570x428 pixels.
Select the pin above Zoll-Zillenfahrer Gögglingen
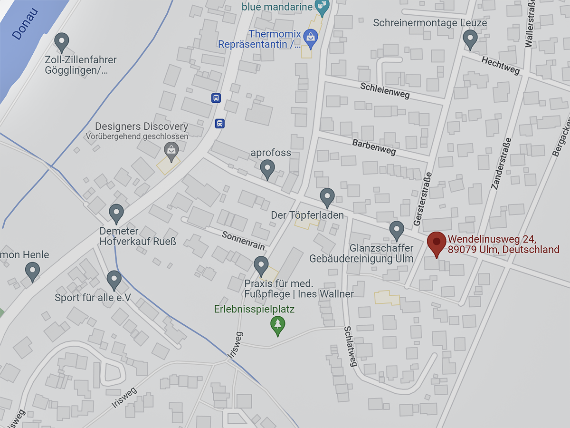pos(62,42)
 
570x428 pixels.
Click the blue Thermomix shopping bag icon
pos(310,38)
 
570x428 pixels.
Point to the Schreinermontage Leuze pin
pos(470,39)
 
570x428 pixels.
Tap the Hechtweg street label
pos(501,66)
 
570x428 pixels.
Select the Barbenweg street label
pos(374,147)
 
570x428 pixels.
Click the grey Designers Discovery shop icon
pos(171,151)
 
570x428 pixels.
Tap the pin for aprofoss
pos(268,169)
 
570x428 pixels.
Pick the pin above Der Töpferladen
pos(327,197)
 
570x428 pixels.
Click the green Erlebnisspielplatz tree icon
pos(277,326)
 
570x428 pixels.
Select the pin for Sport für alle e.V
pos(114,280)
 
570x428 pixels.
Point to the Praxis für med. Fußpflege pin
pos(261,265)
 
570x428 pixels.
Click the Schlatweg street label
pos(350,346)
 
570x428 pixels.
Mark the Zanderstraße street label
pos(502,164)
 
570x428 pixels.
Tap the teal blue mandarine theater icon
pos(322,7)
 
